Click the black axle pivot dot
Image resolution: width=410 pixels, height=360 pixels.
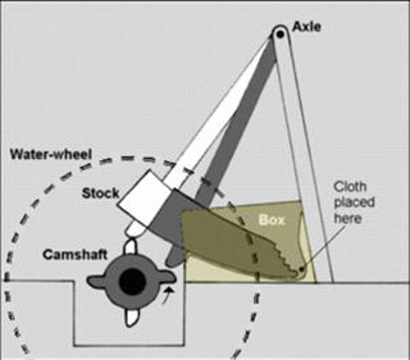pyautogui.click(x=280, y=34)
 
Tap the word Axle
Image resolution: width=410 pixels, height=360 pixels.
pyautogui.click(x=307, y=27)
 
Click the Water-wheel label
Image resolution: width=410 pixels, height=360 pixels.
pyautogui.click(x=51, y=154)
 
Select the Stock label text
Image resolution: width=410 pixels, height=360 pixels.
pyautogui.click(x=101, y=194)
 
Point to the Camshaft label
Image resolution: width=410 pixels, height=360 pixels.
pyautogui.click(x=75, y=255)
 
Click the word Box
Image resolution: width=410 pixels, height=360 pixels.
pyautogui.click(x=271, y=220)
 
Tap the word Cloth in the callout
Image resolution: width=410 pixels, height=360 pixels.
pyautogui.click(x=350, y=187)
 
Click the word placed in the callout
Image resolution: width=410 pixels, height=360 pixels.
pyautogui.click(x=354, y=203)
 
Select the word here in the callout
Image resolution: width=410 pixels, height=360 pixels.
pyautogui.click(x=348, y=218)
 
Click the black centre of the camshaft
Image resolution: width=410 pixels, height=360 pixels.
pyautogui.click(x=132, y=281)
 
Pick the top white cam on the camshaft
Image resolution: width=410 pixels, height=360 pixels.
pyautogui.click(x=131, y=247)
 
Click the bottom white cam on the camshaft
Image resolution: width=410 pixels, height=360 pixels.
pyautogui.click(x=131, y=317)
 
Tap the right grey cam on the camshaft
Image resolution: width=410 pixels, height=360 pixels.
pyautogui.click(x=166, y=278)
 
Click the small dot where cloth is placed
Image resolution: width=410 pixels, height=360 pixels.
pyautogui.click(x=301, y=269)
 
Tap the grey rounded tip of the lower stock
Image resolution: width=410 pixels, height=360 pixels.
pyautogui.click(x=172, y=259)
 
